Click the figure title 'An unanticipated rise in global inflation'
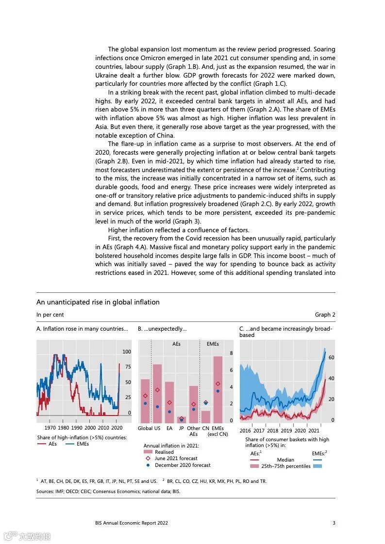98,302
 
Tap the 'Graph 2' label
325,315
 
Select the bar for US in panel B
157,393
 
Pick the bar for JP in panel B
181,419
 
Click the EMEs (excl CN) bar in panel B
218,389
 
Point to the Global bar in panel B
145,401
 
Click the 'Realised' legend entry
164,452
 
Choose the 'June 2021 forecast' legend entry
176,459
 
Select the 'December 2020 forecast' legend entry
183,465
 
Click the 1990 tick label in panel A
77,428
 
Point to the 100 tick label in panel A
126,352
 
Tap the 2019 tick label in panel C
286,431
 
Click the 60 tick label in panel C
332,357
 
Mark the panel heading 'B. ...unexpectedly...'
162,329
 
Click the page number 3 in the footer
334,523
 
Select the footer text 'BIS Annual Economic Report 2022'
132,523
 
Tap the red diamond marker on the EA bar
169,402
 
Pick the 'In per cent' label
50,315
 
